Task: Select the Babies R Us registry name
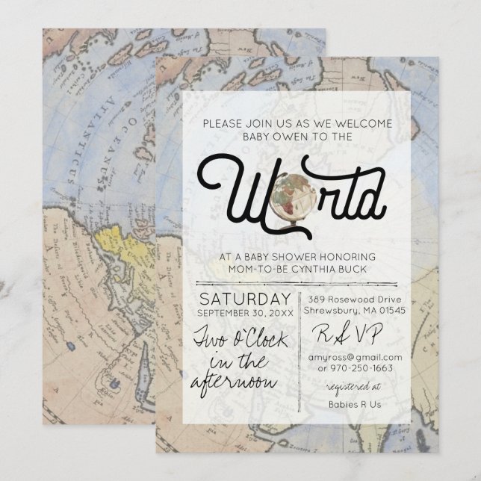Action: point(355,404)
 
